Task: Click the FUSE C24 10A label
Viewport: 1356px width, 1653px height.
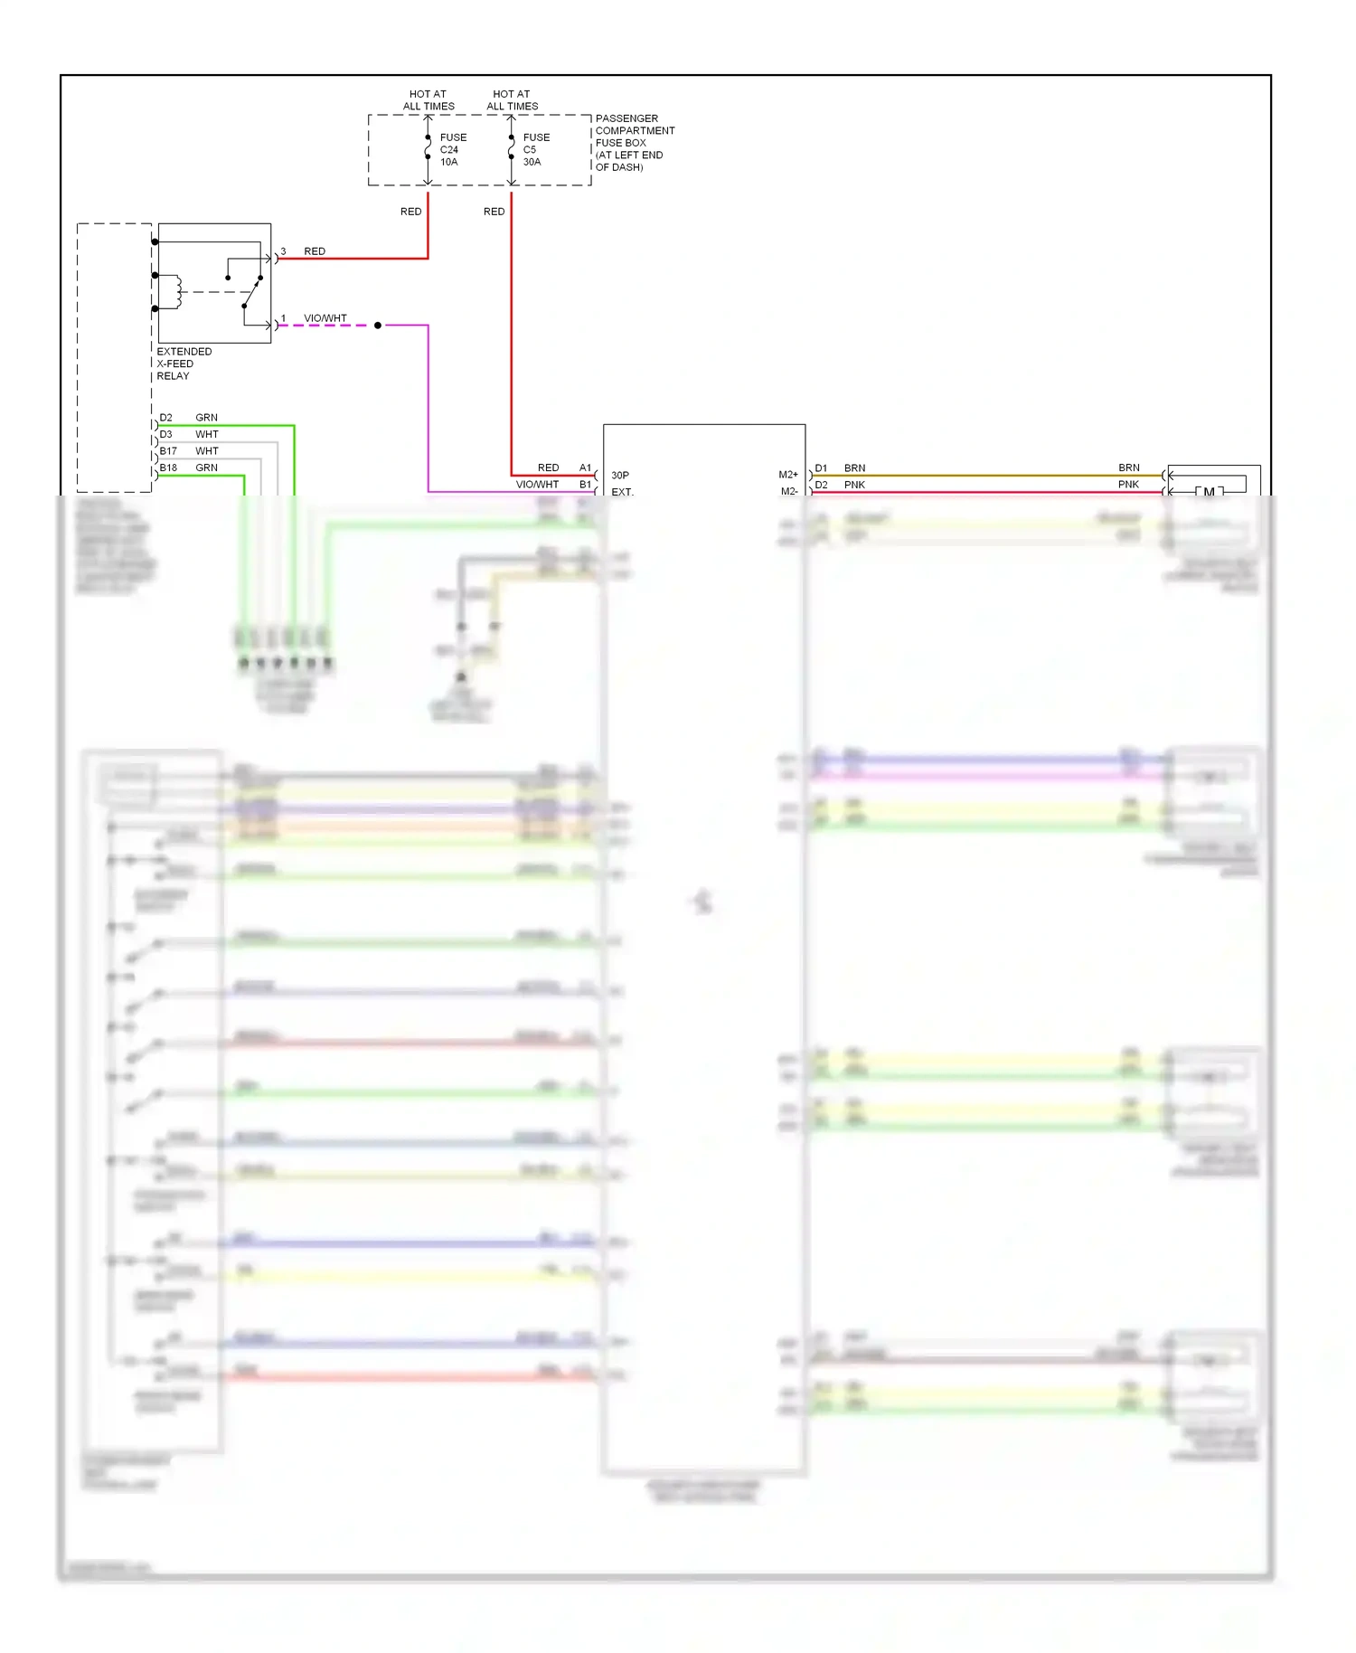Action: [x=452, y=150]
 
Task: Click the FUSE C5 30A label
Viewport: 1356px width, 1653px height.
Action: [x=535, y=150]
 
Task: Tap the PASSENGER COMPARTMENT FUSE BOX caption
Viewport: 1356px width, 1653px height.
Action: [x=634, y=143]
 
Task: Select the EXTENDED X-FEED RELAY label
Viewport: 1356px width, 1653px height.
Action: [x=184, y=364]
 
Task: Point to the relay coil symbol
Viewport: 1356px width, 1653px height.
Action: [x=178, y=291]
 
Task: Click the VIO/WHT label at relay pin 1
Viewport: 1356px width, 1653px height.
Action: [x=325, y=318]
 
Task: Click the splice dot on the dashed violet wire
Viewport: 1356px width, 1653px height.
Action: [x=378, y=326]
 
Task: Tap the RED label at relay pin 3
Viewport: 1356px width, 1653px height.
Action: [x=315, y=251]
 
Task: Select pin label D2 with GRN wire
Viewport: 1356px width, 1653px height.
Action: [x=166, y=418]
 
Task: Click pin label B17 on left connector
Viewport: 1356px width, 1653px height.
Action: [x=168, y=450]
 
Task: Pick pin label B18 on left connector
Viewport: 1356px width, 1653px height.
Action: [x=168, y=468]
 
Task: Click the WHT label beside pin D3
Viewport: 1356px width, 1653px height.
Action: [x=207, y=434]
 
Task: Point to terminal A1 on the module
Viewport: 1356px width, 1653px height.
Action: [x=585, y=468]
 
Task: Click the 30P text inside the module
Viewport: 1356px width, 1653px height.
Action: [x=620, y=475]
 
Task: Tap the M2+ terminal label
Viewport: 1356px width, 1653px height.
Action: [x=788, y=475]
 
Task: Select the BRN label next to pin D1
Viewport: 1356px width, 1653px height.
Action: [x=854, y=468]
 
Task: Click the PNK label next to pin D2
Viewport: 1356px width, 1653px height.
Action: [x=854, y=485]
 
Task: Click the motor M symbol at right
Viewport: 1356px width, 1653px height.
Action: [x=1209, y=491]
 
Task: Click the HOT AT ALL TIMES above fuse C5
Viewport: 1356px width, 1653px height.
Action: [x=512, y=100]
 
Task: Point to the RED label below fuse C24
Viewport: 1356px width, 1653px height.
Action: [x=410, y=212]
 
